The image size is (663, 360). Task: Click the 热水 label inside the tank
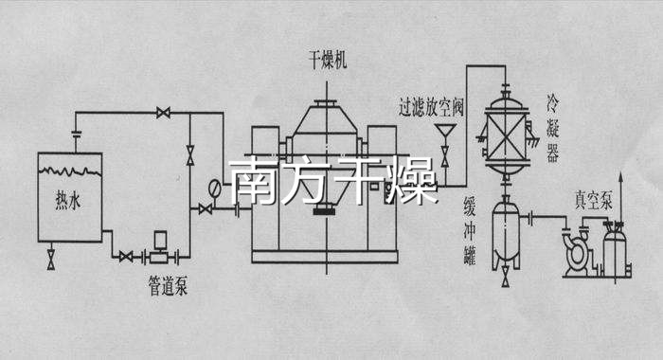tap(65, 201)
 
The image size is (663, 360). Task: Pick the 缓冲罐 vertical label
tap(466, 227)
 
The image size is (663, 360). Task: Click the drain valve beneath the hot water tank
tap(49, 258)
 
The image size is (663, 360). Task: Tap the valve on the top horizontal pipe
tap(164, 115)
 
